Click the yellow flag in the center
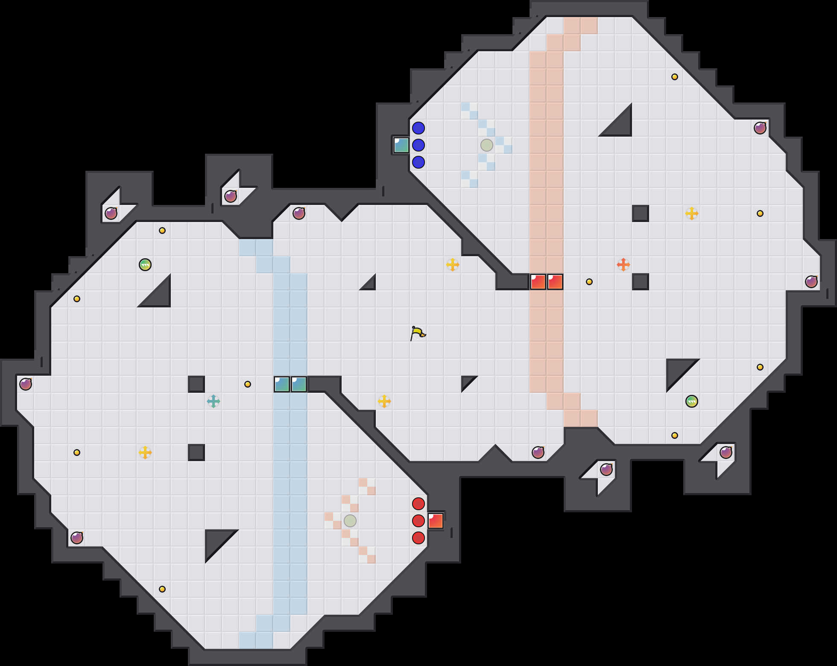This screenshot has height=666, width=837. tap(418, 333)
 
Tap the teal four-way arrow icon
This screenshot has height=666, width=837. tap(214, 401)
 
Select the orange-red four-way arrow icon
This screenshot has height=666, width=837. tap(623, 265)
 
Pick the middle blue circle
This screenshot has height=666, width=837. tap(418, 145)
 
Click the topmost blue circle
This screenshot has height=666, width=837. tap(418, 128)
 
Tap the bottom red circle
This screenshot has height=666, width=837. tap(418, 538)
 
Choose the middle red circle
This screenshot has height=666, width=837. tap(418, 521)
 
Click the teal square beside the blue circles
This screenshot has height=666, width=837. tap(401, 145)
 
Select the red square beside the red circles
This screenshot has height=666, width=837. tap(436, 521)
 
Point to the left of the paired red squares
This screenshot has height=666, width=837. tap(538, 282)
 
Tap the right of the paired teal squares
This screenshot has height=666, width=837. tap(299, 384)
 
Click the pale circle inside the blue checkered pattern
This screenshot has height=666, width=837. tap(487, 145)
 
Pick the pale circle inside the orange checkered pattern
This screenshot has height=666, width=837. tap(350, 521)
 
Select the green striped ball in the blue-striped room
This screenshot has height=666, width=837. tap(145, 265)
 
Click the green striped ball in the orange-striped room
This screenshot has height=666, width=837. tap(692, 401)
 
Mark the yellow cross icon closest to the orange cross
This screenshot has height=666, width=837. tap(692, 213)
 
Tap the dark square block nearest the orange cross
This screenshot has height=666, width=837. tap(641, 282)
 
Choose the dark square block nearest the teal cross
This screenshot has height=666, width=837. tap(196, 384)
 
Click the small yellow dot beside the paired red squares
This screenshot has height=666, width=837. tap(589, 282)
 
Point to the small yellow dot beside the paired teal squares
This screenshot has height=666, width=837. tap(248, 384)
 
